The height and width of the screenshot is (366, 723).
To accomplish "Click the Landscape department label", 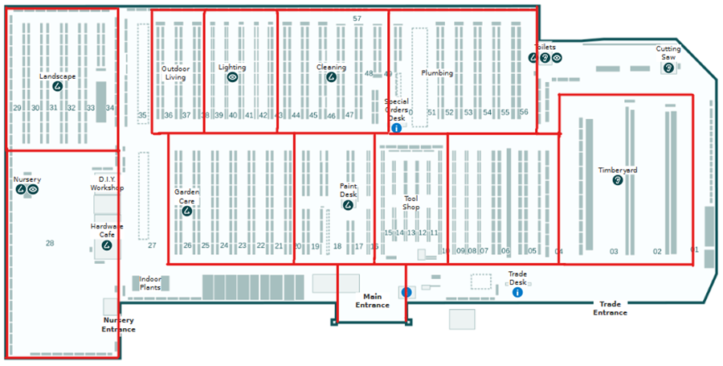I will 58,76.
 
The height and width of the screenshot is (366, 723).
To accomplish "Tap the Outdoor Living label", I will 175,73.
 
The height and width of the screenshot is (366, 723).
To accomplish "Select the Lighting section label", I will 232,68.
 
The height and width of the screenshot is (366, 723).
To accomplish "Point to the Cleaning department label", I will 331,68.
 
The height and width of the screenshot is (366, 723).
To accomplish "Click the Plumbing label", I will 437,73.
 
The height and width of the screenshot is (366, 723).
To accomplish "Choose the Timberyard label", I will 618,171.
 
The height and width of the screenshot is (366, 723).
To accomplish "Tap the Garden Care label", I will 187,196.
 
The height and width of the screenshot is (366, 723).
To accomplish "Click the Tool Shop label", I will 411,203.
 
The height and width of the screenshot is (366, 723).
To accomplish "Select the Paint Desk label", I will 348,190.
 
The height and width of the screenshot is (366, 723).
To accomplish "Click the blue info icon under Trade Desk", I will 517,292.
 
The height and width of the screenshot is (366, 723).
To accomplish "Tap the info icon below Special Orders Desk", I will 396,128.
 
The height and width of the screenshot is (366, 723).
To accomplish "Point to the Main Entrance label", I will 373,301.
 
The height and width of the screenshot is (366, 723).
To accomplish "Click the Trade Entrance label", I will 611,308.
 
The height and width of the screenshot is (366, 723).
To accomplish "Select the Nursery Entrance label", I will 118,325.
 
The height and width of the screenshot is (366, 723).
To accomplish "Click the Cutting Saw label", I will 668,53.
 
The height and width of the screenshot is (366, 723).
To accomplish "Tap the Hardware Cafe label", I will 107,230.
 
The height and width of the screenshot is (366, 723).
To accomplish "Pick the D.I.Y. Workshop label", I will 107,183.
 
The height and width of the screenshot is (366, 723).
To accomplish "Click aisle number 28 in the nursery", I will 50,243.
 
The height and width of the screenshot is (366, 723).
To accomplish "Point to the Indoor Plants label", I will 150,283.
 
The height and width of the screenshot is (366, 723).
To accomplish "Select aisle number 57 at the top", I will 357,18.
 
